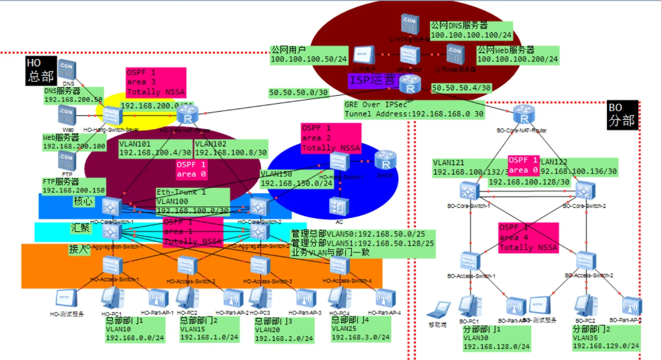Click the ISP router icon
click(x=407, y=83)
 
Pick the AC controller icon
click(x=339, y=206)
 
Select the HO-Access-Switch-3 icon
click(x=258, y=265)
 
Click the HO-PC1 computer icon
click(x=109, y=298)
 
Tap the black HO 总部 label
click(x=41, y=70)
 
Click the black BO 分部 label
click(x=622, y=115)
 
